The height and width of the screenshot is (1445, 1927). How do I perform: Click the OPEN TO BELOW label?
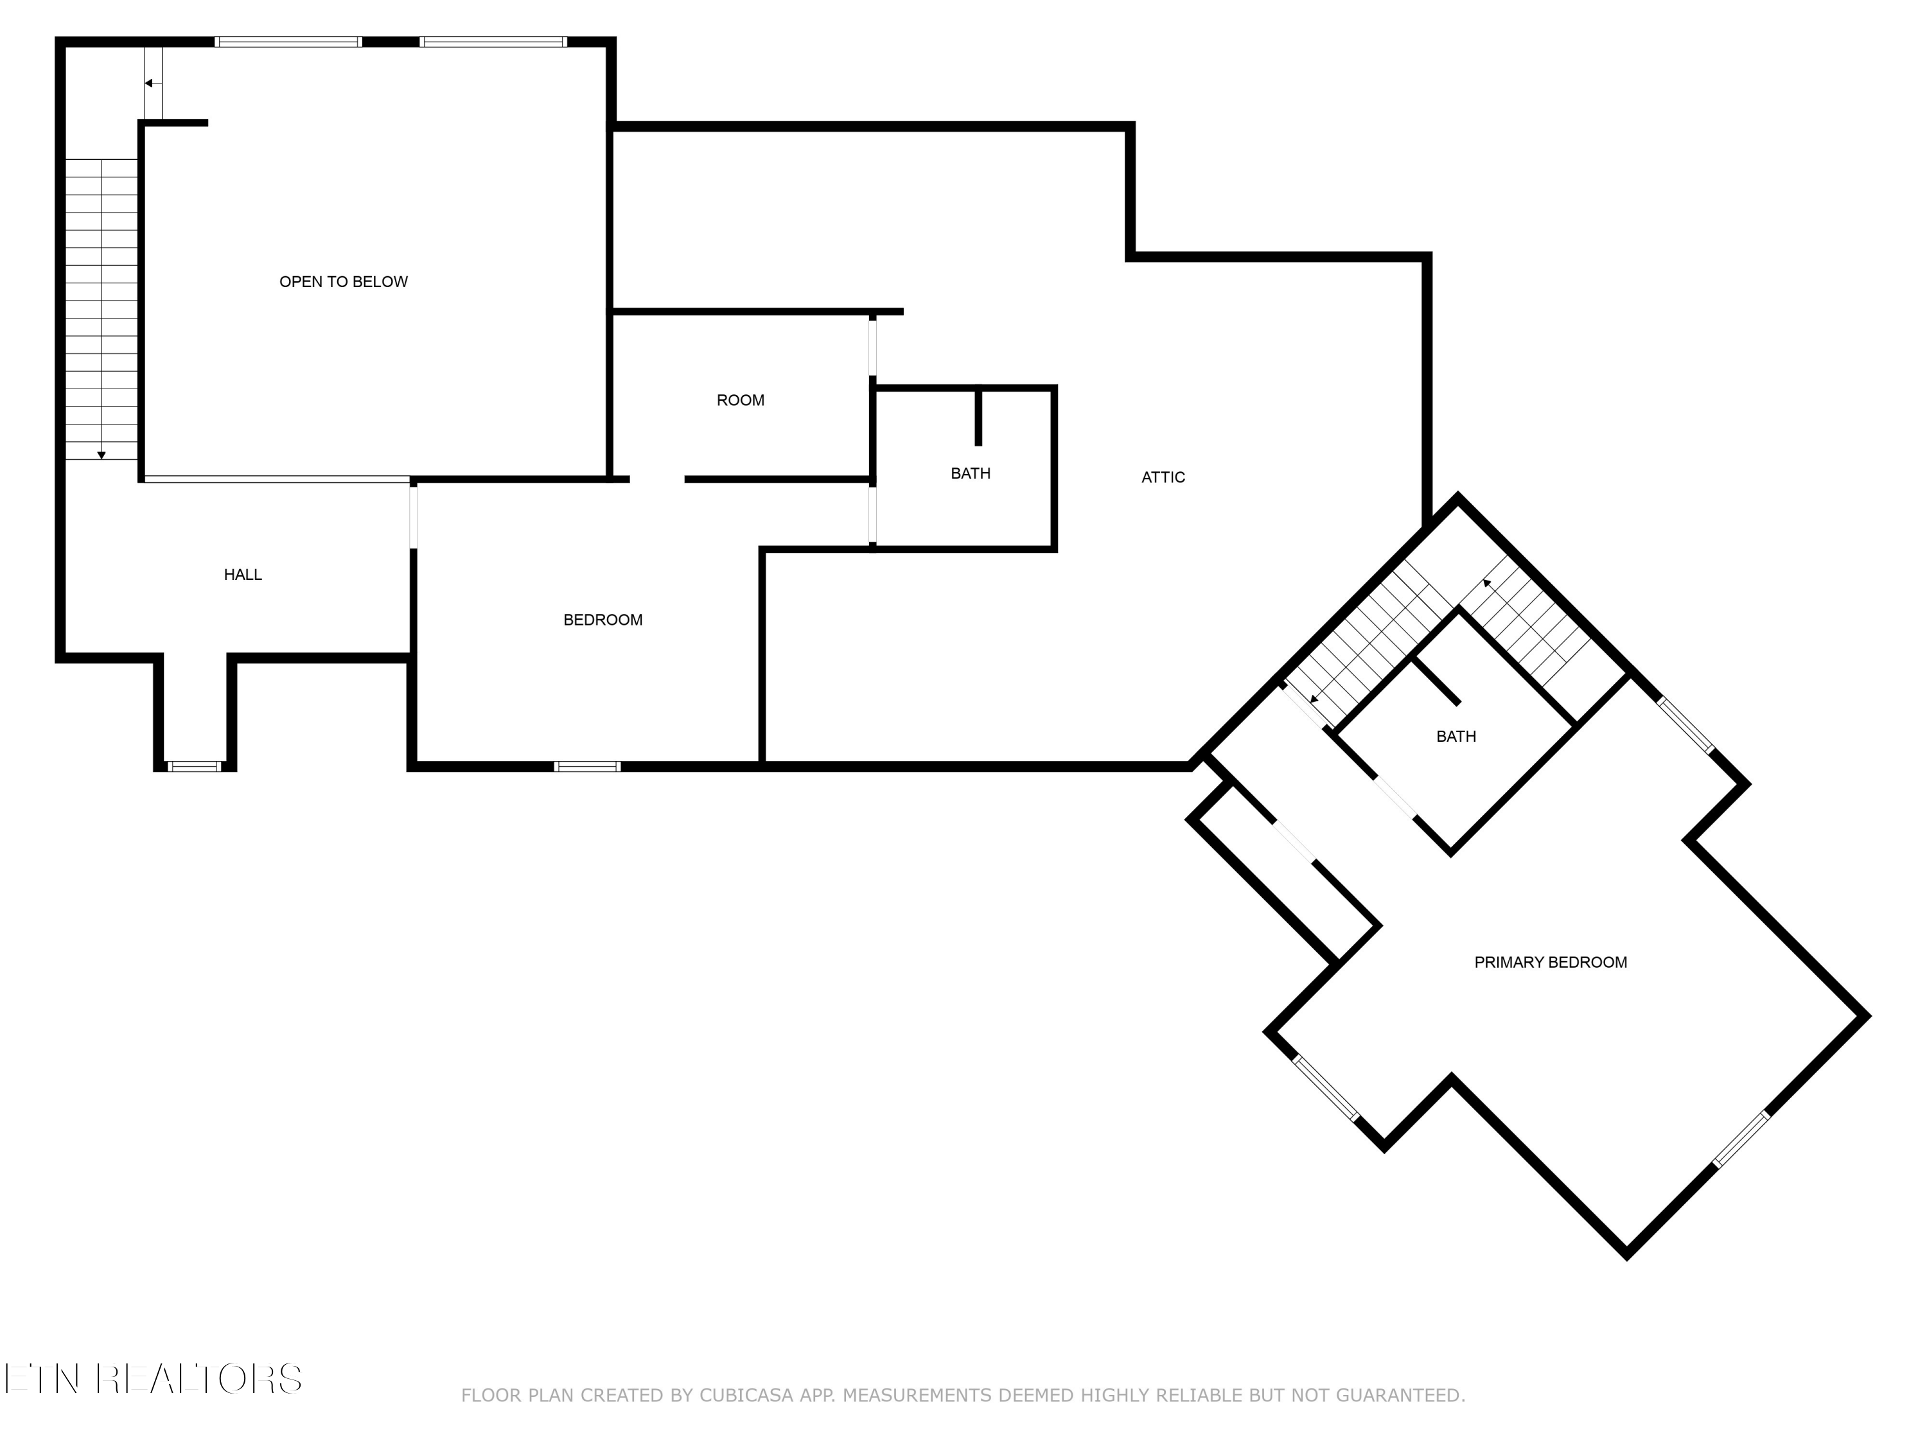pos(343,281)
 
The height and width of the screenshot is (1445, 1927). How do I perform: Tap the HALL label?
pos(242,575)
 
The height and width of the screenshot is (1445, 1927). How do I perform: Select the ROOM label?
pos(741,401)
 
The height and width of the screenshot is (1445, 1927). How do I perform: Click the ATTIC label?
pos(1163,477)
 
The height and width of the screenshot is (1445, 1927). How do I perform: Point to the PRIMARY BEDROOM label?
pos(1550,963)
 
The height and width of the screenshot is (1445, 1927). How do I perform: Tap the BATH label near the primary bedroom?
pos(1456,737)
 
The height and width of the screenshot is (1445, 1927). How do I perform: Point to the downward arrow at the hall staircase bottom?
pos(101,455)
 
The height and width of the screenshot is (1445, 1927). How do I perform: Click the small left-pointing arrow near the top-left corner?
pos(149,83)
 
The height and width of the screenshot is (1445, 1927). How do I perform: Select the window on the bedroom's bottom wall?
pos(587,766)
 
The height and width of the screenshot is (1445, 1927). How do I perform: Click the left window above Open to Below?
pos(288,42)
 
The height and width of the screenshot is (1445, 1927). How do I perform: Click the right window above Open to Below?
pos(493,42)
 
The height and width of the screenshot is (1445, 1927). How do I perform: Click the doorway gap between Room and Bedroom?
pos(657,479)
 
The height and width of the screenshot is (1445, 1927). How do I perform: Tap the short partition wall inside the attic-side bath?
pos(978,416)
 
